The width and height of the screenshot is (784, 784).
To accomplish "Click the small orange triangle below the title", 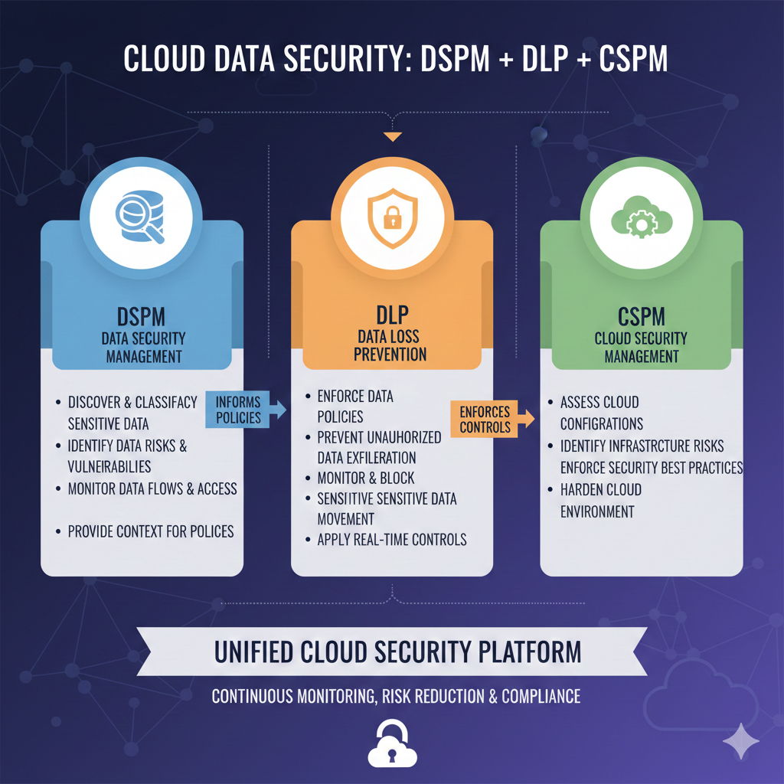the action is (x=392, y=138).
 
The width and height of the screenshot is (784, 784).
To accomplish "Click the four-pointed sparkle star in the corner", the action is (x=740, y=740).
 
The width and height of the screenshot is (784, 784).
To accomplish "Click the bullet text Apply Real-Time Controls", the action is (x=391, y=540).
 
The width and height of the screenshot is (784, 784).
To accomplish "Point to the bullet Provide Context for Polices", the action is (x=150, y=531).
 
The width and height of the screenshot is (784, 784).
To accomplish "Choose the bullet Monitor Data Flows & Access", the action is (x=152, y=488).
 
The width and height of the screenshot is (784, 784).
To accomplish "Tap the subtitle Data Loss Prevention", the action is (x=392, y=345).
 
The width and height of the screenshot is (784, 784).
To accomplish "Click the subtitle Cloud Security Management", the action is (x=641, y=347).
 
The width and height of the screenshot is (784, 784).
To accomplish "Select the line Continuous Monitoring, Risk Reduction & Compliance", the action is (x=396, y=697).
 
